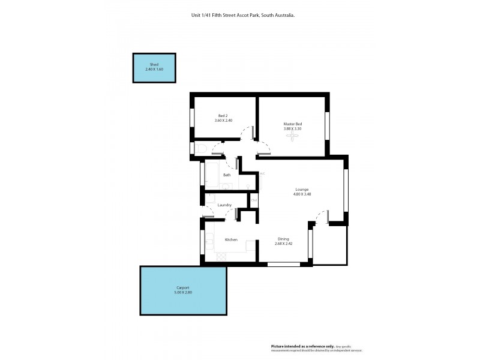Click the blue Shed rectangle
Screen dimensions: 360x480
point(154,68)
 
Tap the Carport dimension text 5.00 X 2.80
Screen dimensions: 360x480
point(184,292)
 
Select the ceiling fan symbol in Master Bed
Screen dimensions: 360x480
point(293,137)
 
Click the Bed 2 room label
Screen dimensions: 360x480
point(223,116)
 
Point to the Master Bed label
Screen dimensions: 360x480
point(293,124)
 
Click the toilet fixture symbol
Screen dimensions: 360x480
point(201,149)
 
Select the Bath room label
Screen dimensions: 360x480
point(227,175)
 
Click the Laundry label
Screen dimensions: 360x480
point(224,205)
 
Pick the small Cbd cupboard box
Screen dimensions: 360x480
point(254,200)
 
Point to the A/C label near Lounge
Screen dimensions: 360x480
point(262,173)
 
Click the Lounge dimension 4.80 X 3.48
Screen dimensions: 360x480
point(302,194)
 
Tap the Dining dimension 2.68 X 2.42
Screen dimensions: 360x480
point(283,244)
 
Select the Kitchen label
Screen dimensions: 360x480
point(231,239)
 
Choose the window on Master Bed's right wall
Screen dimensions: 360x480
point(327,127)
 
